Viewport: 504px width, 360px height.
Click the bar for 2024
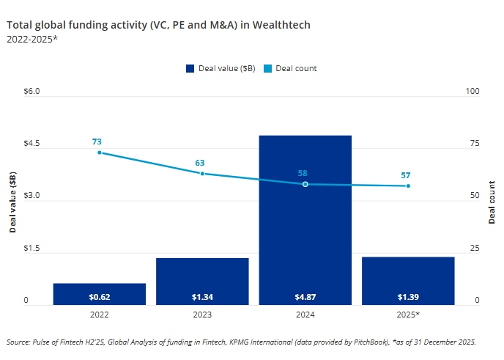click(x=305, y=220)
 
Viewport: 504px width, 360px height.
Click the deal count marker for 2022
click(x=100, y=153)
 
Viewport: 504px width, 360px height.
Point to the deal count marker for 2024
click(x=305, y=184)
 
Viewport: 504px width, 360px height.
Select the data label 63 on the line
click(x=199, y=163)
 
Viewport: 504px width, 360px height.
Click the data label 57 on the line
click(x=405, y=175)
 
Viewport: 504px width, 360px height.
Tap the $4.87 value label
click(x=305, y=297)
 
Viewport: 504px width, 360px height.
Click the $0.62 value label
click(x=100, y=297)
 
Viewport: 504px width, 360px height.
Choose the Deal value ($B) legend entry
click(x=220, y=68)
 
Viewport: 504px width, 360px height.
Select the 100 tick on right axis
click(x=472, y=92)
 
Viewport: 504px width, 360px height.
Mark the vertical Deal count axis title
click(x=492, y=202)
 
